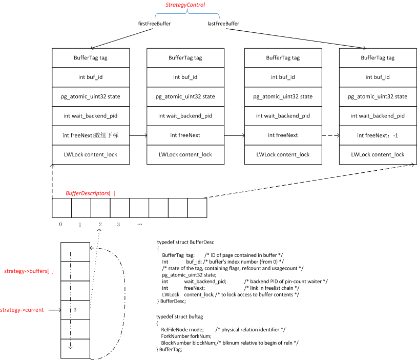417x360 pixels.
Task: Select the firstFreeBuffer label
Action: pyautogui.click(x=154, y=24)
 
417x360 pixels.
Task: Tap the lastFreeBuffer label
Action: pyautogui.click(x=223, y=24)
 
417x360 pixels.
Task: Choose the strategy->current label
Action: pyautogui.click(x=22, y=310)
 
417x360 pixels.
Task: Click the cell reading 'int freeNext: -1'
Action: pyautogui.click(x=378, y=135)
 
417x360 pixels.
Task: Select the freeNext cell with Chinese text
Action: pyautogui.click(x=90, y=135)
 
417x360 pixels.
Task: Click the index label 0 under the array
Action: pyautogui.click(x=60, y=225)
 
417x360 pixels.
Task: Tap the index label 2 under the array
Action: pyautogui.click(x=100, y=225)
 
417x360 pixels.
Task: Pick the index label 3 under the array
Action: pyautogui.click(x=118, y=225)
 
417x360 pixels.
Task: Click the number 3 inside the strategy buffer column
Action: pyautogui.click(x=75, y=310)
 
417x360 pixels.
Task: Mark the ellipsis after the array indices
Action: pyautogui.click(x=139, y=225)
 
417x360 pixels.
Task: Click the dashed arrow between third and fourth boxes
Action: pyautogui.click(x=330, y=135)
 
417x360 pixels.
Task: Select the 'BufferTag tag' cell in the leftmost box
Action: pyautogui.click(x=90, y=58)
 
